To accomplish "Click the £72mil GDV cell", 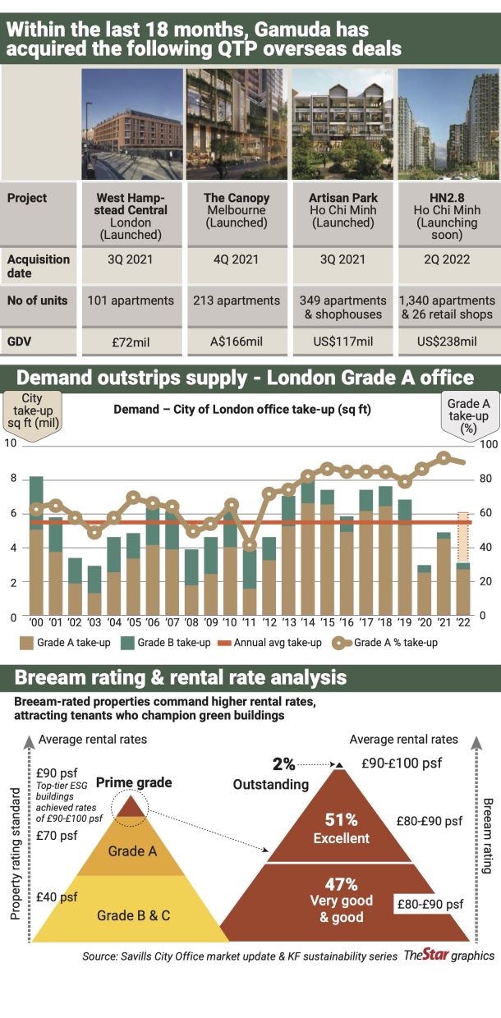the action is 131,342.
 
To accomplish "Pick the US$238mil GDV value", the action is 447,342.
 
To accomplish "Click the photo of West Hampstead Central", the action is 132,124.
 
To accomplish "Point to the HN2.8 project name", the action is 447,198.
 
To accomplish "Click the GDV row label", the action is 19,342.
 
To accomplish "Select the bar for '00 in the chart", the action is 36,545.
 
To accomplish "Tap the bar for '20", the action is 424,590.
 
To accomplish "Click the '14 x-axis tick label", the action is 308,622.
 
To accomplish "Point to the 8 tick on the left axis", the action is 13,478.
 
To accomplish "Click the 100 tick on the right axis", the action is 489,444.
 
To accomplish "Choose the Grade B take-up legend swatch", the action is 128,643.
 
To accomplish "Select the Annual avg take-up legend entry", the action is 269,643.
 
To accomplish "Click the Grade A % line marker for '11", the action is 249,544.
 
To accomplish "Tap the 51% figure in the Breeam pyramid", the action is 341,819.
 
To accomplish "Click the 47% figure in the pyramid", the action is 341,884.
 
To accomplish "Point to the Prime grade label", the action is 134,782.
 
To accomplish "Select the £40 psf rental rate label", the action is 57,896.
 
